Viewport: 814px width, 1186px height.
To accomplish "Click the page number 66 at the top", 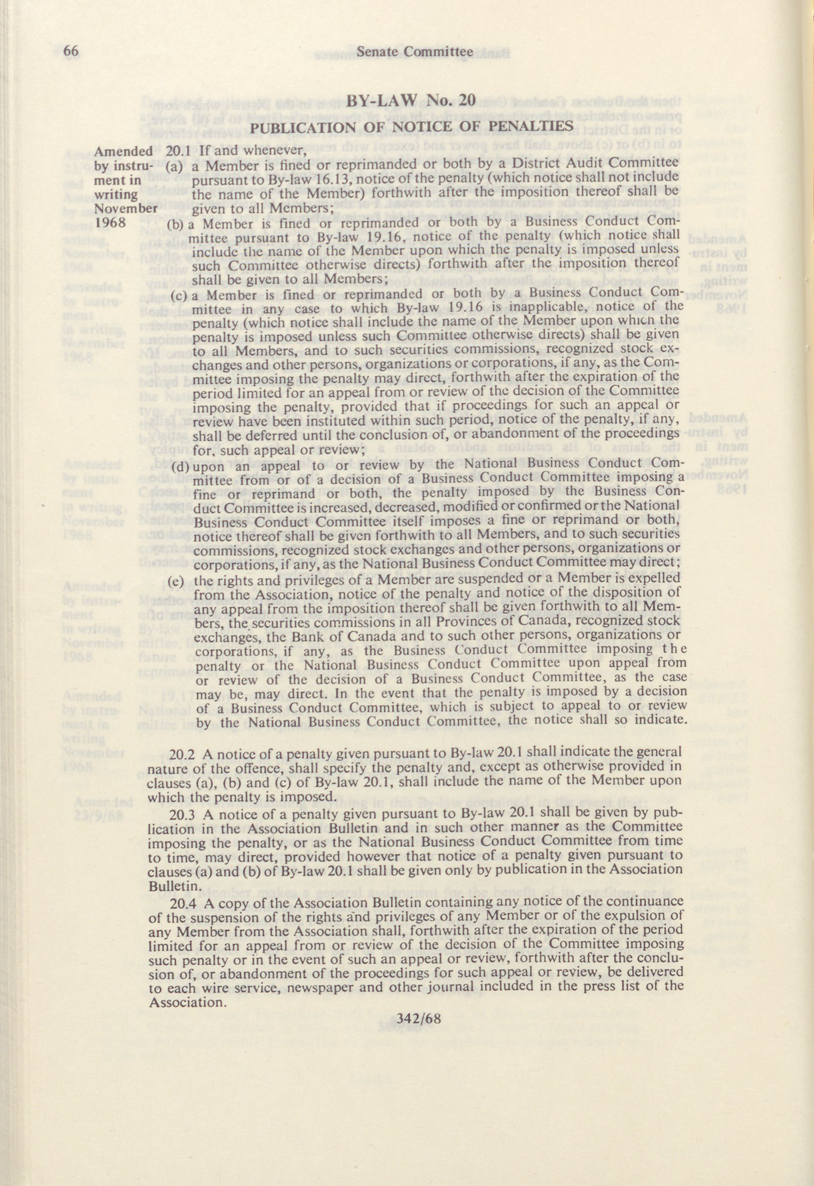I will pos(70,51).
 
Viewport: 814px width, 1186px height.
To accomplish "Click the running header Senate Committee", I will pos(415,51).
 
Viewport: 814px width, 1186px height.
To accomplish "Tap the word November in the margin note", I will pos(124,208).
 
